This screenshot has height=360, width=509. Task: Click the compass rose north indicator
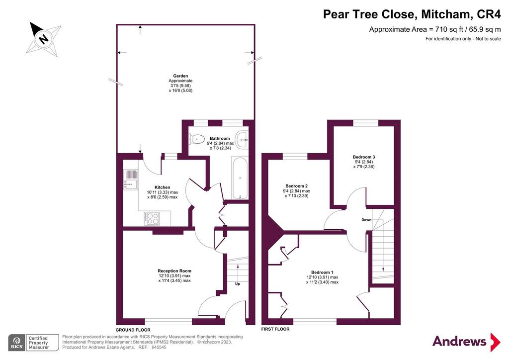coord(44,39)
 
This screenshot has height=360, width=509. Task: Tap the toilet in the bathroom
coord(195,140)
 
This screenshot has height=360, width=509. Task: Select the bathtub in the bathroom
coord(240,178)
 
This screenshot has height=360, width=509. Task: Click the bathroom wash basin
coord(242,140)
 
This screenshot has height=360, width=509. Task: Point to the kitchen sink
coord(131,180)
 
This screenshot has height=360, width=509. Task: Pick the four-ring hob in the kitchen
coord(152,218)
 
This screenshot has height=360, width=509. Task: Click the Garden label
coord(180,76)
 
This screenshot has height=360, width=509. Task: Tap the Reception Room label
coord(174,270)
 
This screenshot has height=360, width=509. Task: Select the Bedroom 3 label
coord(364,157)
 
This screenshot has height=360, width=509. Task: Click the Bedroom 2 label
coord(296,186)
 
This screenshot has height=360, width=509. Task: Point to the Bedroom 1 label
coord(322,272)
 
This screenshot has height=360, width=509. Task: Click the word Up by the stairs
coord(237,284)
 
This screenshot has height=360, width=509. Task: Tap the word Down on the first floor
coord(366,220)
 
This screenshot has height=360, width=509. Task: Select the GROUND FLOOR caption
coord(133,330)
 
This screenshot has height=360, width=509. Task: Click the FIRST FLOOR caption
coord(275,329)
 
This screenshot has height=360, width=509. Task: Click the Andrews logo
coord(466,342)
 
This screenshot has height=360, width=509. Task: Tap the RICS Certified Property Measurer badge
coord(33,343)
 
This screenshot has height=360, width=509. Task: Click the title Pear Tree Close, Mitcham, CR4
coord(412,14)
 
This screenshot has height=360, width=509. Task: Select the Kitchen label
coord(163,187)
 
